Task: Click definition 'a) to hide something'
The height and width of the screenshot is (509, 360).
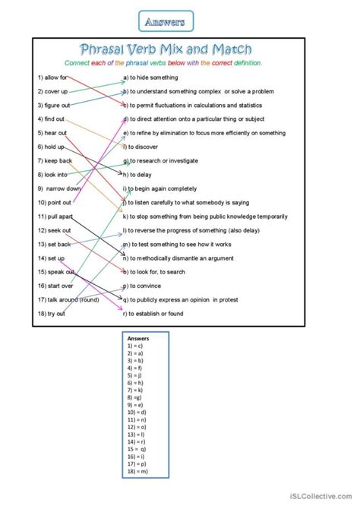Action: click(150, 77)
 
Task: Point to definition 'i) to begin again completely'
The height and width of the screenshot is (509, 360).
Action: click(159, 188)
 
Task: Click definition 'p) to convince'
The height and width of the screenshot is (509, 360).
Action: click(144, 286)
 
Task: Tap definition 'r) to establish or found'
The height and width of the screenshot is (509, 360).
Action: click(158, 313)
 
